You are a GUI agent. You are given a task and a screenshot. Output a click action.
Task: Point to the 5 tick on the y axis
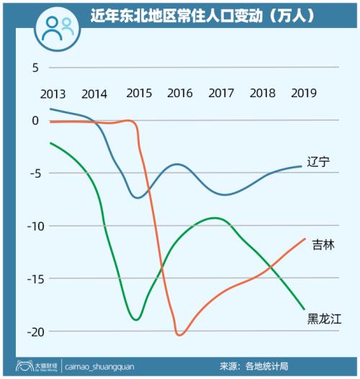(33, 68)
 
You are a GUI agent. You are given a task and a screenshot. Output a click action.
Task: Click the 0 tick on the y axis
(33, 120)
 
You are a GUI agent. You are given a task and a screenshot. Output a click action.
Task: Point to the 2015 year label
(138, 93)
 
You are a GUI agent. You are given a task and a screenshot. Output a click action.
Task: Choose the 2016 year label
(179, 93)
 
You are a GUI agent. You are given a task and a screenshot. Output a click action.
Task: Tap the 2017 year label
(220, 93)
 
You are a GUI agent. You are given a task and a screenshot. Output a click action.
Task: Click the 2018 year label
(263, 93)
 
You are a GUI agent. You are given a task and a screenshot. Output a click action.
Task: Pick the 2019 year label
(305, 93)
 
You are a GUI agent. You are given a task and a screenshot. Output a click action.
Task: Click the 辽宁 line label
(318, 162)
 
